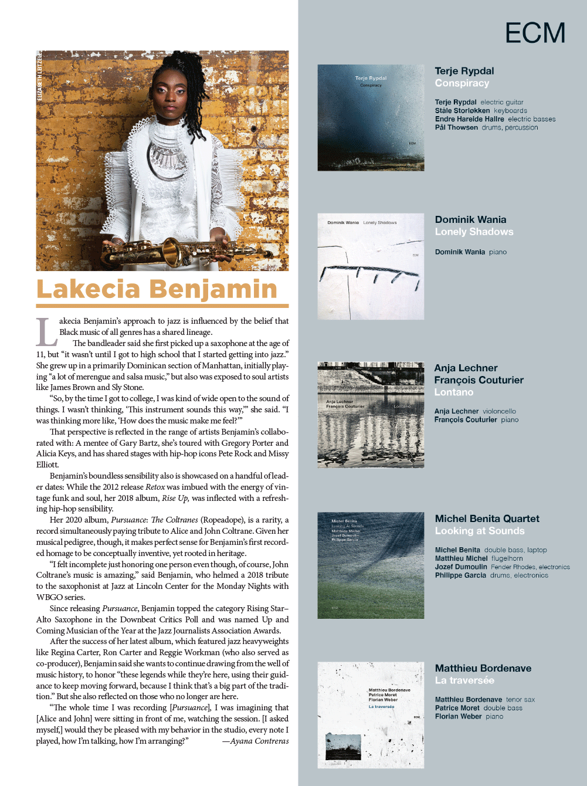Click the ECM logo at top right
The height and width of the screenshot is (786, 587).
(x=535, y=33)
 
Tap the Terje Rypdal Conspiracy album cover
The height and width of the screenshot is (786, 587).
(x=371, y=117)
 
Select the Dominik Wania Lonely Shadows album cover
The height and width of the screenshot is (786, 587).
(x=371, y=266)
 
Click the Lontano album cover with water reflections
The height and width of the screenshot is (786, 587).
(x=371, y=415)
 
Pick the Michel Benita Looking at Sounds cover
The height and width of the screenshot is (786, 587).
(x=371, y=565)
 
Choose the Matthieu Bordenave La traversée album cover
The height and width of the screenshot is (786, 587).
(x=371, y=714)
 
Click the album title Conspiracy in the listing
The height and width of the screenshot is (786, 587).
(x=462, y=83)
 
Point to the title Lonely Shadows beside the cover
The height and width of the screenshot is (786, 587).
(x=474, y=232)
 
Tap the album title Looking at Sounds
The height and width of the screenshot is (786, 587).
(x=480, y=531)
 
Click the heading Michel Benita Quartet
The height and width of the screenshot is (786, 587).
(x=487, y=519)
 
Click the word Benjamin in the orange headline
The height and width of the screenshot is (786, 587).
(x=213, y=289)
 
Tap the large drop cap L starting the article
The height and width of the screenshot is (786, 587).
(x=46, y=332)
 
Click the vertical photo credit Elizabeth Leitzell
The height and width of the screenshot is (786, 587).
(x=40, y=77)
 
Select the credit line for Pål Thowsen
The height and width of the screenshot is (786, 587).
(x=486, y=127)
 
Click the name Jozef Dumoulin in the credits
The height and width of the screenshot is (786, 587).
(x=461, y=567)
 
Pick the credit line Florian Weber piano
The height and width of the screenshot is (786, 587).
(x=469, y=716)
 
